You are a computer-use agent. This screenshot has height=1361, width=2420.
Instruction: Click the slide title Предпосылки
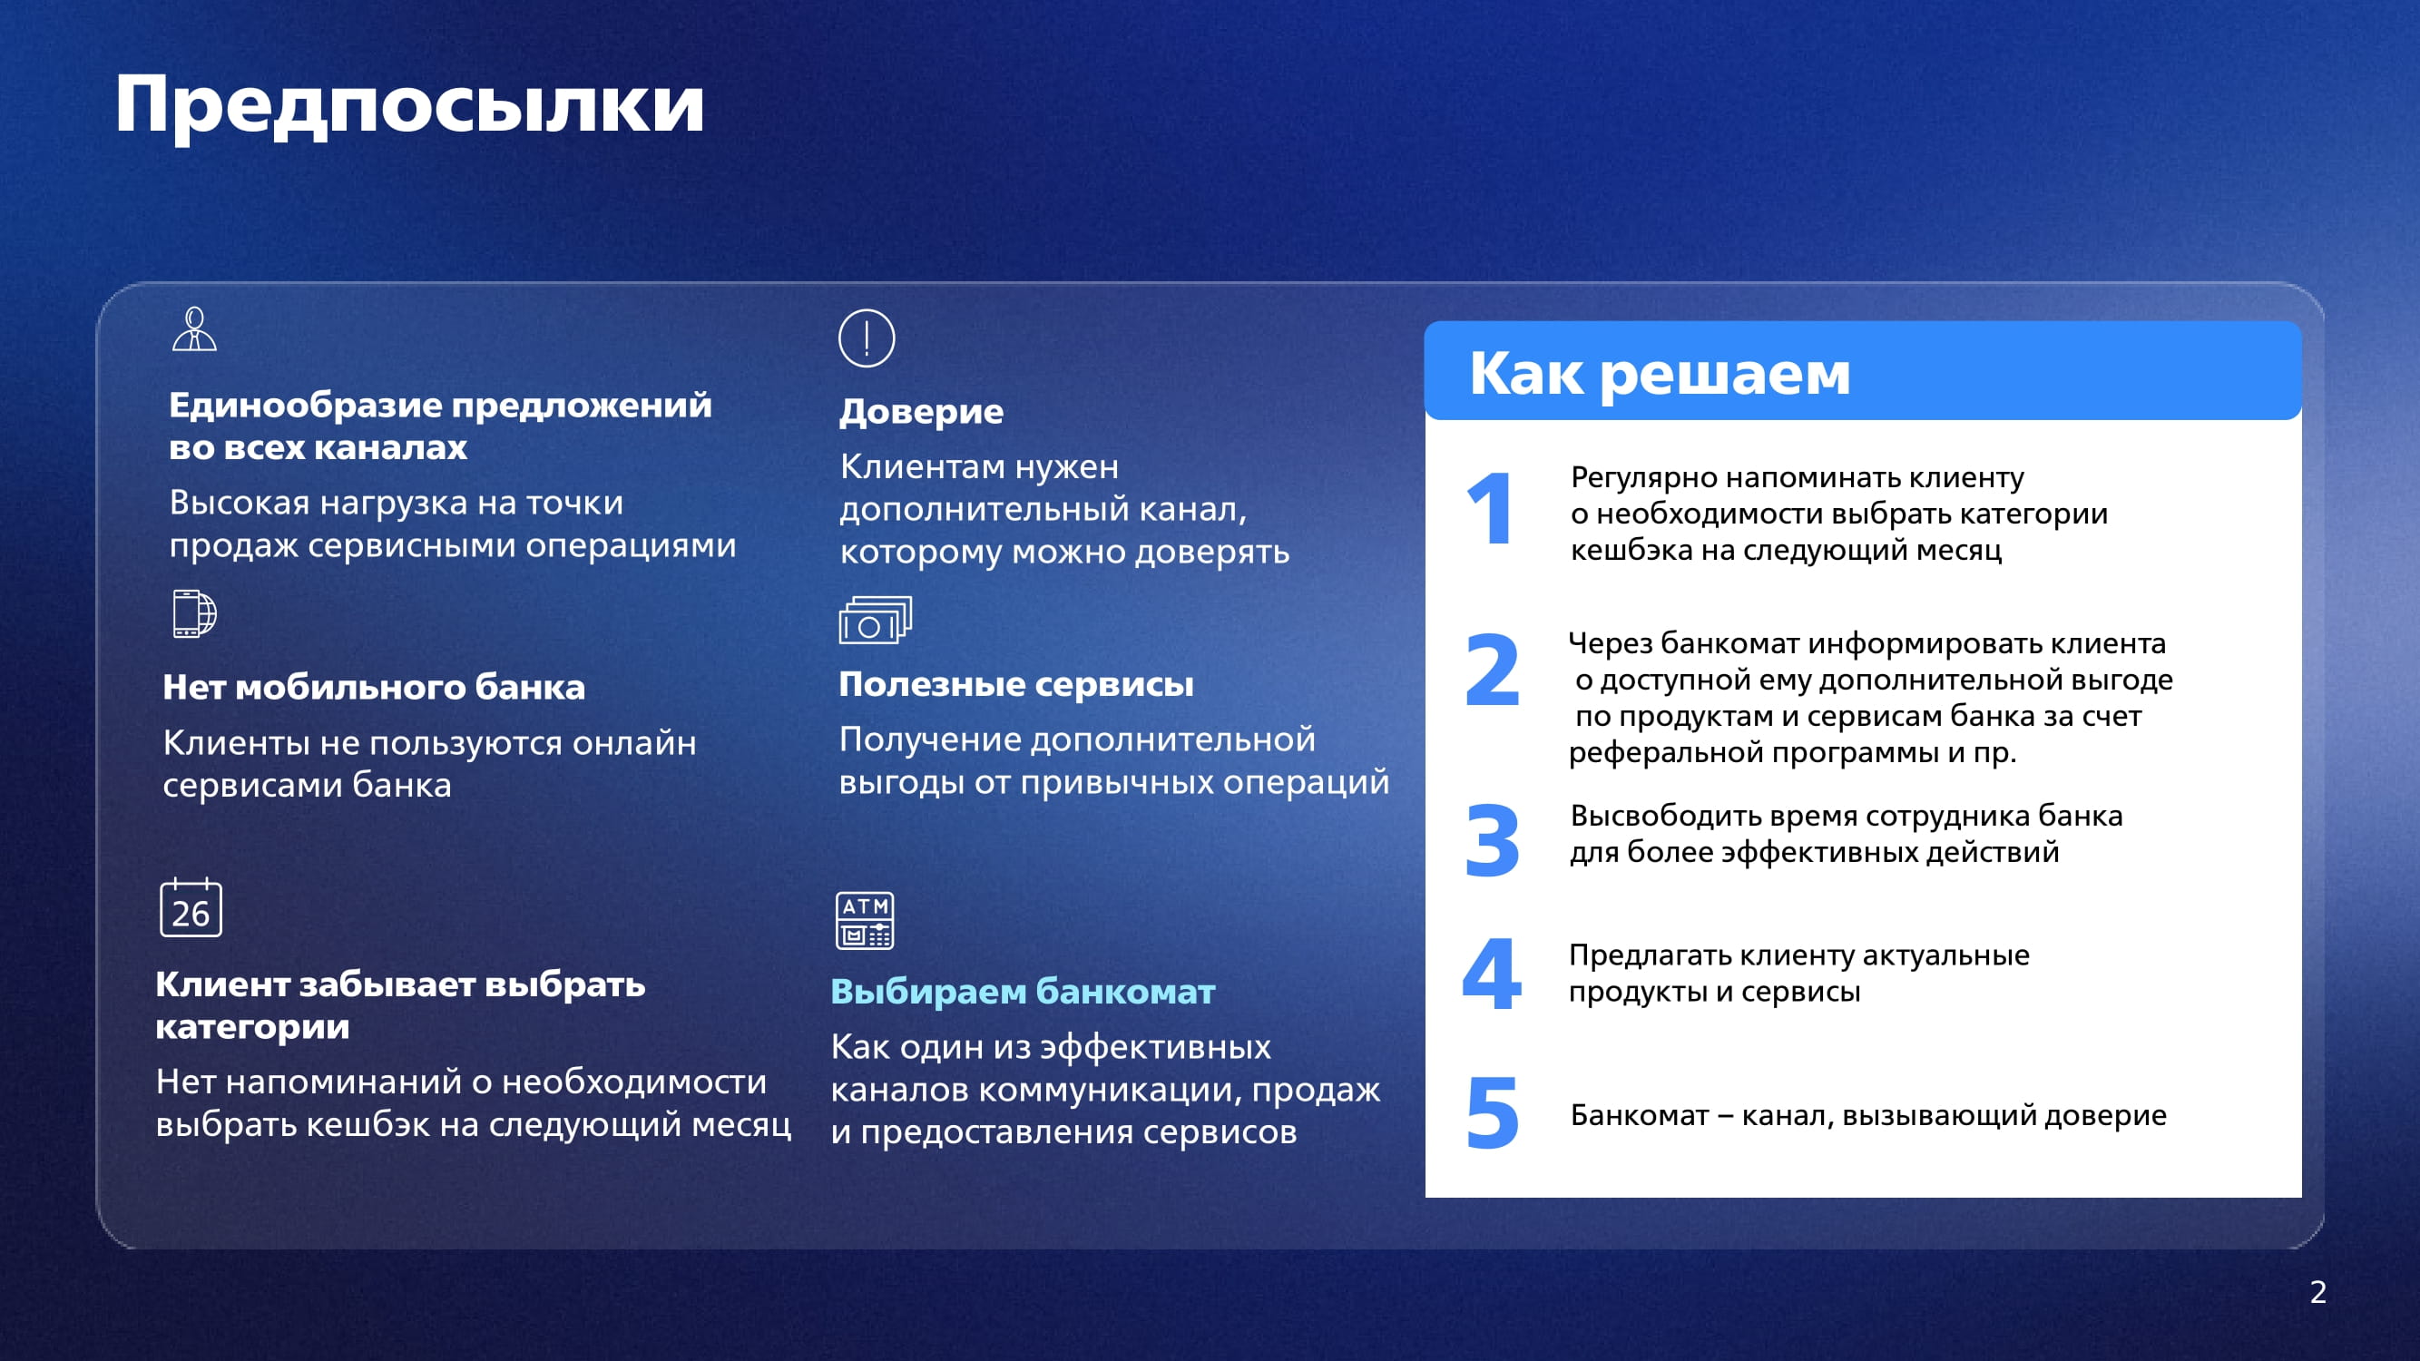pyautogui.click(x=409, y=105)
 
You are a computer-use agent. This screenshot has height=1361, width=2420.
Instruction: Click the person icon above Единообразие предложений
pyautogui.click(x=194, y=328)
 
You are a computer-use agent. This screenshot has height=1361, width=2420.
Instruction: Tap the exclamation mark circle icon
pyautogui.click(x=867, y=338)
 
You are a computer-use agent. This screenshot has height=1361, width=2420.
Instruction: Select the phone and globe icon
pyautogui.click(x=194, y=613)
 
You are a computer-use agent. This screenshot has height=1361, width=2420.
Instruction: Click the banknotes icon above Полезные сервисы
pyautogui.click(x=875, y=620)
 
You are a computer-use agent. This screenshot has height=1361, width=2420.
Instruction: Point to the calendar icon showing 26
pyautogui.click(x=191, y=907)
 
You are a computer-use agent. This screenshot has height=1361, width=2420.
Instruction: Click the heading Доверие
pyautogui.click(x=921, y=411)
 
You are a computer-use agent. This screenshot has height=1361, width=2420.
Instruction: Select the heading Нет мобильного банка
pyautogui.click(x=374, y=688)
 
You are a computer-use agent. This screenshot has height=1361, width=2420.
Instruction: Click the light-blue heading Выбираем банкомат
pyautogui.click(x=1023, y=992)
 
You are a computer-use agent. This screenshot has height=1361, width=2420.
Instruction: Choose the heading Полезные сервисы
pyautogui.click(x=1015, y=684)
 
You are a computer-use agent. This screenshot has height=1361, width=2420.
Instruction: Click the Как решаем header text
pyautogui.click(x=1660, y=374)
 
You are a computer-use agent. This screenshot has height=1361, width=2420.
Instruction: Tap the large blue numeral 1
pyautogui.click(x=1490, y=508)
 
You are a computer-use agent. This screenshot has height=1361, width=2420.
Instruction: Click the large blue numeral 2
pyautogui.click(x=1493, y=670)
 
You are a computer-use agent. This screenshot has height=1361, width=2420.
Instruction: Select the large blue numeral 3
pyautogui.click(x=1493, y=841)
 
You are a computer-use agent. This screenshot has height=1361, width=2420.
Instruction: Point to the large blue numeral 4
pyautogui.click(x=1492, y=973)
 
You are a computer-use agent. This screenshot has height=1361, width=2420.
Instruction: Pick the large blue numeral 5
pyautogui.click(x=1493, y=1113)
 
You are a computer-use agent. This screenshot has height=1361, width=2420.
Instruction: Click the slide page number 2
pyautogui.click(x=2318, y=1292)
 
